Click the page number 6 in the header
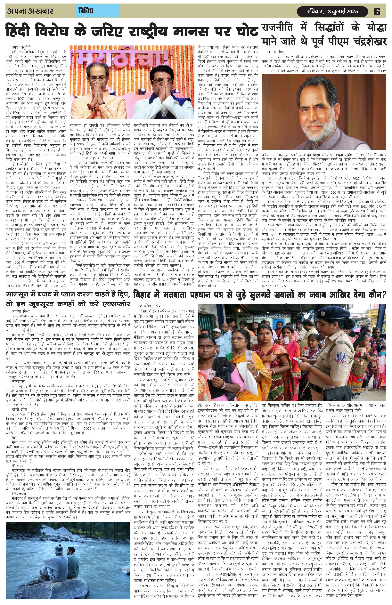tap(377, 12)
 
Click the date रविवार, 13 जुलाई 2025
tap(332, 12)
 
